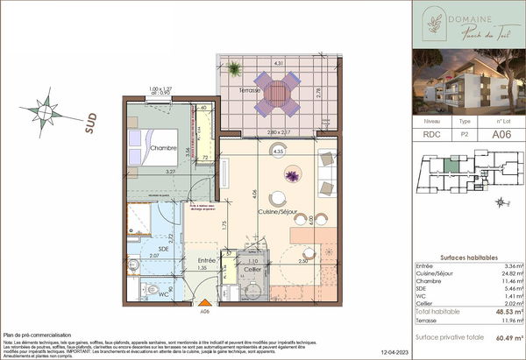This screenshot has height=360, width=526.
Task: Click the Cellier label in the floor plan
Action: tap(253, 270)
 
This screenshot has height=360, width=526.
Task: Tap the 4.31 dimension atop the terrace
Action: tap(277, 64)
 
